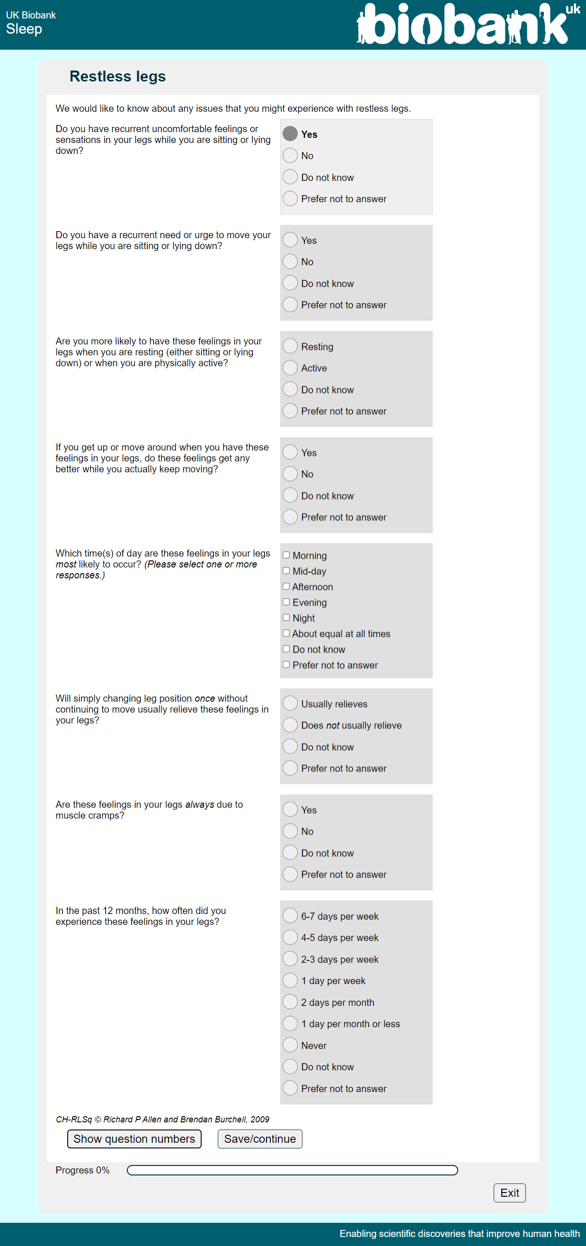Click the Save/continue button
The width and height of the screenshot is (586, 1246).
pyautogui.click(x=260, y=1138)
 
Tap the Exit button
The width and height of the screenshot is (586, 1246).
pyautogui.click(x=509, y=1193)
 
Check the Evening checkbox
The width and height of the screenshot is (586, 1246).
pyautogui.click(x=286, y=602)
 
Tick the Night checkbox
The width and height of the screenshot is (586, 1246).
pyautogui.click(x=286, y=618)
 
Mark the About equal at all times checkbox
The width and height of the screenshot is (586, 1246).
pyautogui.click(x=286, y=633)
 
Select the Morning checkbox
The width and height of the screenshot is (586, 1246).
pyautogui.click(x=286, y=556)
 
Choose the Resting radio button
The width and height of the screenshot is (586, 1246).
pyautogui.click(x=290, y=346)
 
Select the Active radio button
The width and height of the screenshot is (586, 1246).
pyautogui.click(x=290, y=368)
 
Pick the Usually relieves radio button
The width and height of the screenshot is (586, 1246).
pyautogui.click(x=290, y=703)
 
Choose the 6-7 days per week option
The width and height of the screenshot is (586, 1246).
pyautogui.click(x=290, y=915)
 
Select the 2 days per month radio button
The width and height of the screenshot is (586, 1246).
pyautogui.click(x=290, y=1002)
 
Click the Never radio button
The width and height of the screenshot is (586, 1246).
pyautogui.click(x=290, y=1045)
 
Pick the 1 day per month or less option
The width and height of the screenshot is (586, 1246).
pyautogui.click(x=290, y=1023)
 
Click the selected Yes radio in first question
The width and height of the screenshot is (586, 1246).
pyautogui.click(x=290, y=134)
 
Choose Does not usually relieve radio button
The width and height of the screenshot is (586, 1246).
pyautogui.click(x=290, y=725)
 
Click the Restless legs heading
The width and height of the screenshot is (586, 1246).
pyautogui.click(x=117, y=76)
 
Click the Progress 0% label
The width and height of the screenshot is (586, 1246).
pyautogui.click(x=83, y=1170)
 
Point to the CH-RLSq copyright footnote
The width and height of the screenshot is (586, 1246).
pyautogui.click(x=162, y=1119)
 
